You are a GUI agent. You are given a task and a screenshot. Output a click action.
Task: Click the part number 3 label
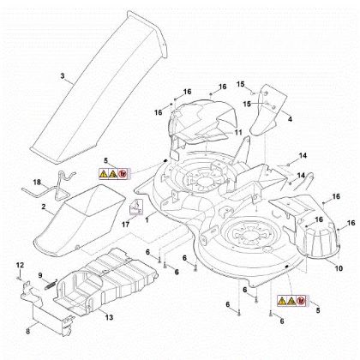pos(62,76)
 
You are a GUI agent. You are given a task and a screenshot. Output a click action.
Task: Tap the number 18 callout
pos(36,183)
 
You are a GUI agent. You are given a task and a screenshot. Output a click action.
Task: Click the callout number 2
pos(43,207)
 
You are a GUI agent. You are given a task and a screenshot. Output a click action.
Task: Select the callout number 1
pos(147,219)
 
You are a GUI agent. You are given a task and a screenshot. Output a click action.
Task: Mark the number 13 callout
pos(109,316)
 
